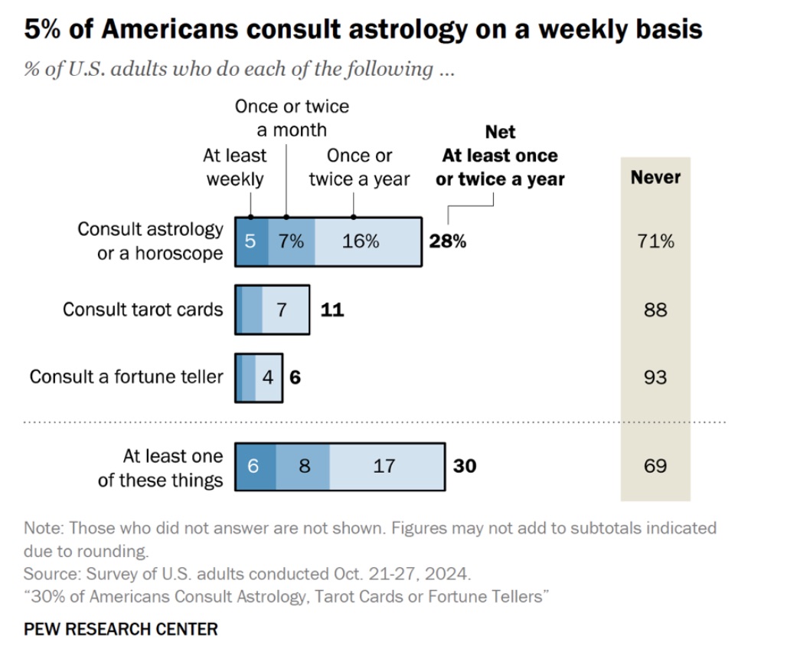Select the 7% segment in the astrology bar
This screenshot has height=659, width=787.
pos(291,241)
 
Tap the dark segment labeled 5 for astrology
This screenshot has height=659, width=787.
pos(251,241)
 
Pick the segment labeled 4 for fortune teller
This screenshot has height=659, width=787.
pos(267,377)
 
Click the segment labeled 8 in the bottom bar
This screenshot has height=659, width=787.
pos(304,465)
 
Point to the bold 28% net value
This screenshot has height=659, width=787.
pos(447,241)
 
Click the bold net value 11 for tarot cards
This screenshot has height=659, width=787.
pos(332,310)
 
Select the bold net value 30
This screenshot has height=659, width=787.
pos(464,465)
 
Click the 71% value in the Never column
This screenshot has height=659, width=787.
pos(655,241)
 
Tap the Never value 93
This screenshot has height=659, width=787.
pos(655,377)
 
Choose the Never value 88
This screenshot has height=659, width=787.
pos(655,310)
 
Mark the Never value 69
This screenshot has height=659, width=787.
pos(655,465)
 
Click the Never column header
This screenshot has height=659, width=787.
pos(655,178)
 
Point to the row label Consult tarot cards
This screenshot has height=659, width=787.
pos(143,310)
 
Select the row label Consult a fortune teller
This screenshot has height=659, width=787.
pos(126,377)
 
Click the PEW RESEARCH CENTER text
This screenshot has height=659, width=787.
pos(121,629)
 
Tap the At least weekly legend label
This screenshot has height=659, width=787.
pos(234,167)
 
